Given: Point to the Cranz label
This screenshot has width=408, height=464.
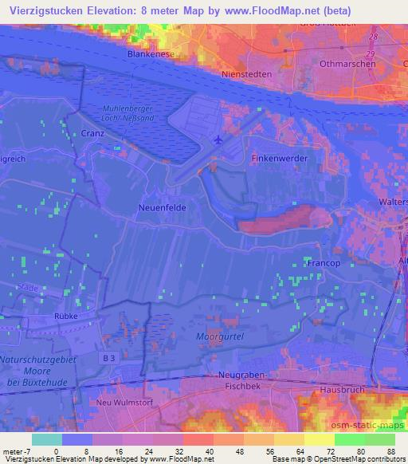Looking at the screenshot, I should coord(92,135).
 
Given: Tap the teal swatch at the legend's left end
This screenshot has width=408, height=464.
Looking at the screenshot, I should coord(46,439).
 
